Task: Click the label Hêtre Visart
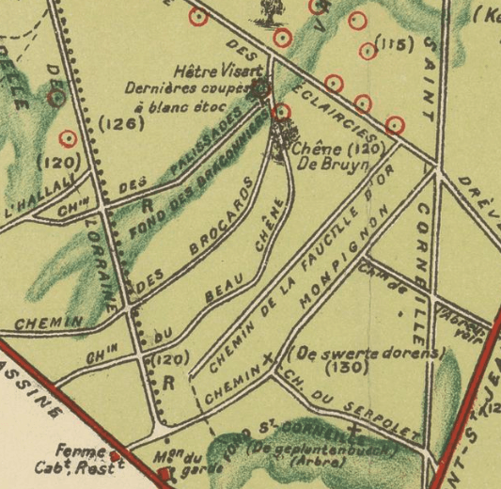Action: (212, 71)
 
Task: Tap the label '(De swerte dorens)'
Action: (368, 354)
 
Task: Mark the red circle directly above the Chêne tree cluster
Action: (281, 113)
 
